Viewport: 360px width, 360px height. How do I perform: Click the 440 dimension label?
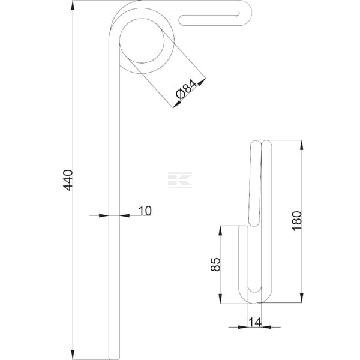(x=68, y=180)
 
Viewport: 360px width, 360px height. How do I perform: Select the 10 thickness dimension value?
(x=145, y=211)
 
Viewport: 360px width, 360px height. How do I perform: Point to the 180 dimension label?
(x=296, y=221)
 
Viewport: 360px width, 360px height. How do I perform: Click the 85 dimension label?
(x=215, y=265)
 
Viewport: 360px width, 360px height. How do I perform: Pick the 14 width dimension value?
(x=255, y=322)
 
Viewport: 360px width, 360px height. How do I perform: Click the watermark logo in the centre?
(x=180, y=180)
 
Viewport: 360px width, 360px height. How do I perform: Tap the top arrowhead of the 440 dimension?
(x=73, y=5)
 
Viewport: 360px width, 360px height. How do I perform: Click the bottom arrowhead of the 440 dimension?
(x=73, y=355)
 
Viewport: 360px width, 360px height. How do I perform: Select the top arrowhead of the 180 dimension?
(x=302, y=145)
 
